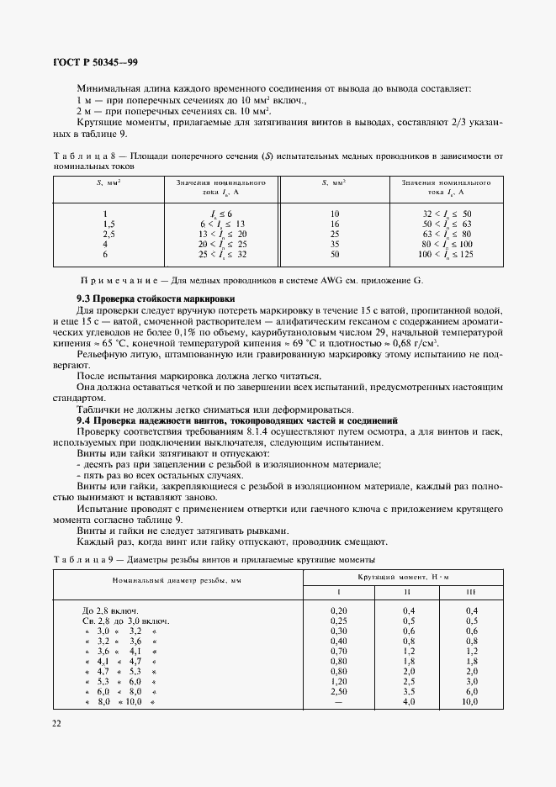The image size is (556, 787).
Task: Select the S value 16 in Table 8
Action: pos(334,224)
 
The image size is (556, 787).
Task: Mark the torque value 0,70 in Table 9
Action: pos(339,650)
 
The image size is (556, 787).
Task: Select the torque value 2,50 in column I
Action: pos(339,690)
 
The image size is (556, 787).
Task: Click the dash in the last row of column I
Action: pos(339,700)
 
